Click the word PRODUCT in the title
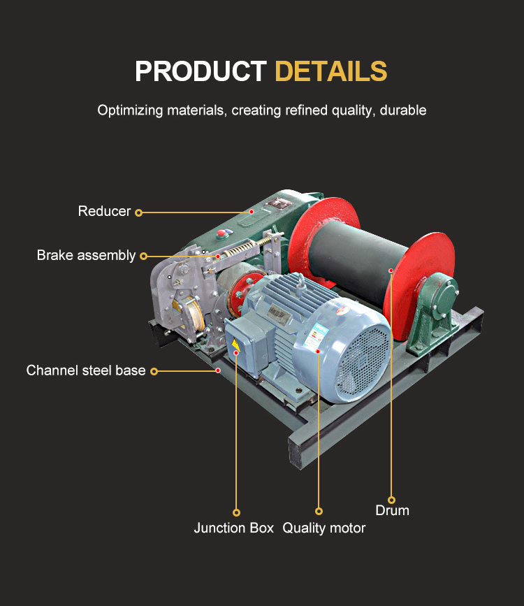(201, 71)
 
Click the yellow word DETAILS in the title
(330, 71)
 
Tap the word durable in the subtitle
(403, 110)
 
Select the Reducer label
(104, 211)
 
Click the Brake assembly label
(86, 255)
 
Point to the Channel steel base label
(86, 370)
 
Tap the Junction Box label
(233, 528)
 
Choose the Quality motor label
(323, 528)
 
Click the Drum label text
(392, 510)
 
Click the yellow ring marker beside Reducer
(138, 212)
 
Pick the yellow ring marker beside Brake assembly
(143, 256)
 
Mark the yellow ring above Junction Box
(236, 512)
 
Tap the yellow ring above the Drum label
(392, 499)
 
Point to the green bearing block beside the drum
(435, 308)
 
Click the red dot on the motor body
(318, 351)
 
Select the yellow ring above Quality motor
(319, 512)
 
